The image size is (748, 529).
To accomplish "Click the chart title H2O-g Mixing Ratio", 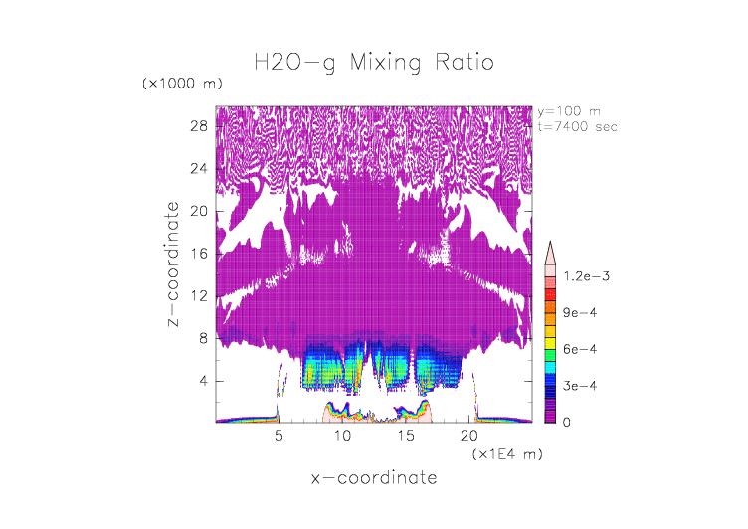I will (x=373, y=64).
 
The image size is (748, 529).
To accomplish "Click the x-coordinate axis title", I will (x=373, y=478).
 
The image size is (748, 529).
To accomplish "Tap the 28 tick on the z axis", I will (x=198, y=126).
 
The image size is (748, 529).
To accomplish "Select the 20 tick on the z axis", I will (x=198, y=211).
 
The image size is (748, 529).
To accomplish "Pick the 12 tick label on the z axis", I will (x=198, y=295).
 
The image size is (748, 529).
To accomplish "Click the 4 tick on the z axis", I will (x=203, y=380).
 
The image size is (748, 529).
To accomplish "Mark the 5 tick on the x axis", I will (x=279, y=436).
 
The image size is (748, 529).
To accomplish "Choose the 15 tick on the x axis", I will (x=406, y=436).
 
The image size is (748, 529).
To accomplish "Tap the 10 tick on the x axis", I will (x=342, y=436).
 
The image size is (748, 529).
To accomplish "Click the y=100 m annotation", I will (x=569, y=111).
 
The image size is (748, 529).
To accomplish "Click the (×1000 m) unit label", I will (x=183, y=83).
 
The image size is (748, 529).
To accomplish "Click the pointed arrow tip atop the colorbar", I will (x=550, y=243).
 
